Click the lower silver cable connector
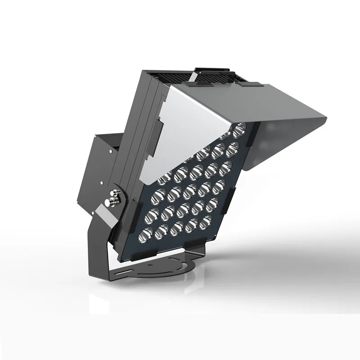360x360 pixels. tap(110, 203)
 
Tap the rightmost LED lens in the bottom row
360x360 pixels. tap(207, 220)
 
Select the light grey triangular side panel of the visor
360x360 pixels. tap(180, 130)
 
